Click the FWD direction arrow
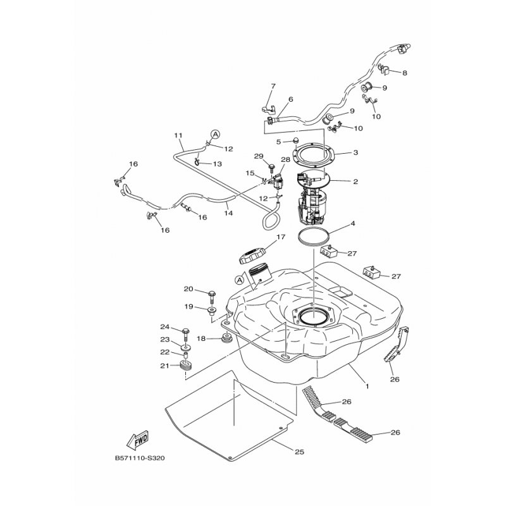click(137, 440)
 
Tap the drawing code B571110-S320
click(140, 458)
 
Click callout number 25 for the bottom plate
click(299, 452)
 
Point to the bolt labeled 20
click(212, 297)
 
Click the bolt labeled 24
click(185, 335)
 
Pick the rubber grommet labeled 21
click(185, 366)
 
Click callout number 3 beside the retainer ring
click(355, 152)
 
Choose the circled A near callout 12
click(215, 134)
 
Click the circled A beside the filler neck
click(239, 280)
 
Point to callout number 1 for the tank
click(367, 386)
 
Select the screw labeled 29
click(271, 167)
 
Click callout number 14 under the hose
click(228, 213)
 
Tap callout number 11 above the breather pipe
click(178, 135)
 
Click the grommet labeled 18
click(226, 339)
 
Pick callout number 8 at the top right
click(405, 73)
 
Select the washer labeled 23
click(185, 347)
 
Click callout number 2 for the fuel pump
click(355, 182)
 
